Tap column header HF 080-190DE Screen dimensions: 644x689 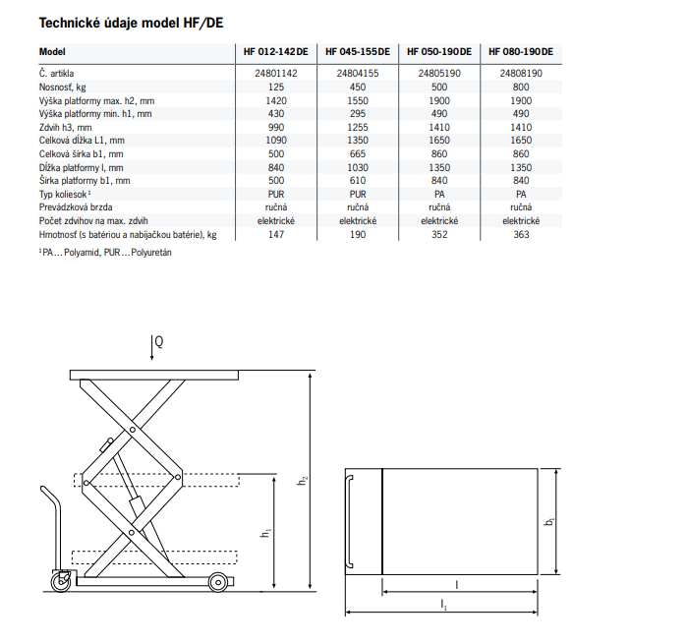click(x=520, y=52)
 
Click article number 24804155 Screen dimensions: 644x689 click(x=357, y=74)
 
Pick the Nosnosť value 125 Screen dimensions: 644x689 click(x=275, y=88)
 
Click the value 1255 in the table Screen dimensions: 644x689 click(x=357, y=128)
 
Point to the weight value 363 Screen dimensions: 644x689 click(x=521, y=235)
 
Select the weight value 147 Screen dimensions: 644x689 click(x=275, y=235)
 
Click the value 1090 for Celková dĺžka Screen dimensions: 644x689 click(x=275, y=142)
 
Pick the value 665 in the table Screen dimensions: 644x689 click(x=357, y=154)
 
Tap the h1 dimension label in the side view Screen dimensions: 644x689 click(x=266, y=532)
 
